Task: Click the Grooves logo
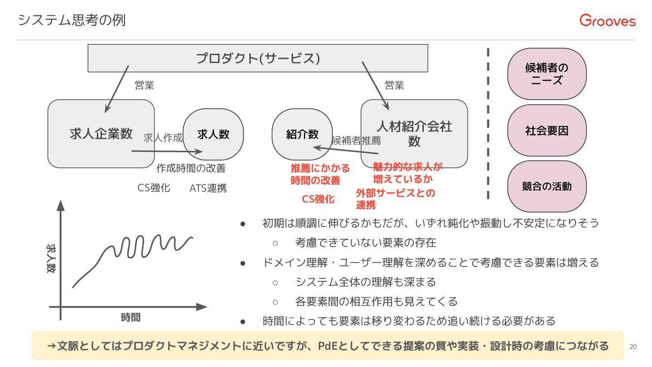coord(607,21)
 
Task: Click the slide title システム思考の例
coord(72,20)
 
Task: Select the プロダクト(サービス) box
coord(258,58)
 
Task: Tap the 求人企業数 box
coord(101,134)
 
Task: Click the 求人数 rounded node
coord(213,134)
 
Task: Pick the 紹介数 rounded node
coord(302,134)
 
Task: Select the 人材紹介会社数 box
coord(414,134)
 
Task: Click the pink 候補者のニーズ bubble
coord(547,74)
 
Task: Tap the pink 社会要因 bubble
coord(547,131)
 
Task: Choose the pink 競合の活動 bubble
coord(547,186)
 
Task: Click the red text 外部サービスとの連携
coord(395,199)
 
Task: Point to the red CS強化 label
coord(318,199)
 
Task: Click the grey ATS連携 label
coord(208,188)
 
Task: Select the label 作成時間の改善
coord(191,169)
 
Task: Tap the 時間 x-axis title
coord(130,318)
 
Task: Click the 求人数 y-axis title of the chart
coord(51,258)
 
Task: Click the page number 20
coord(633,347)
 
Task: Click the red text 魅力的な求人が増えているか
coord(407,173)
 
